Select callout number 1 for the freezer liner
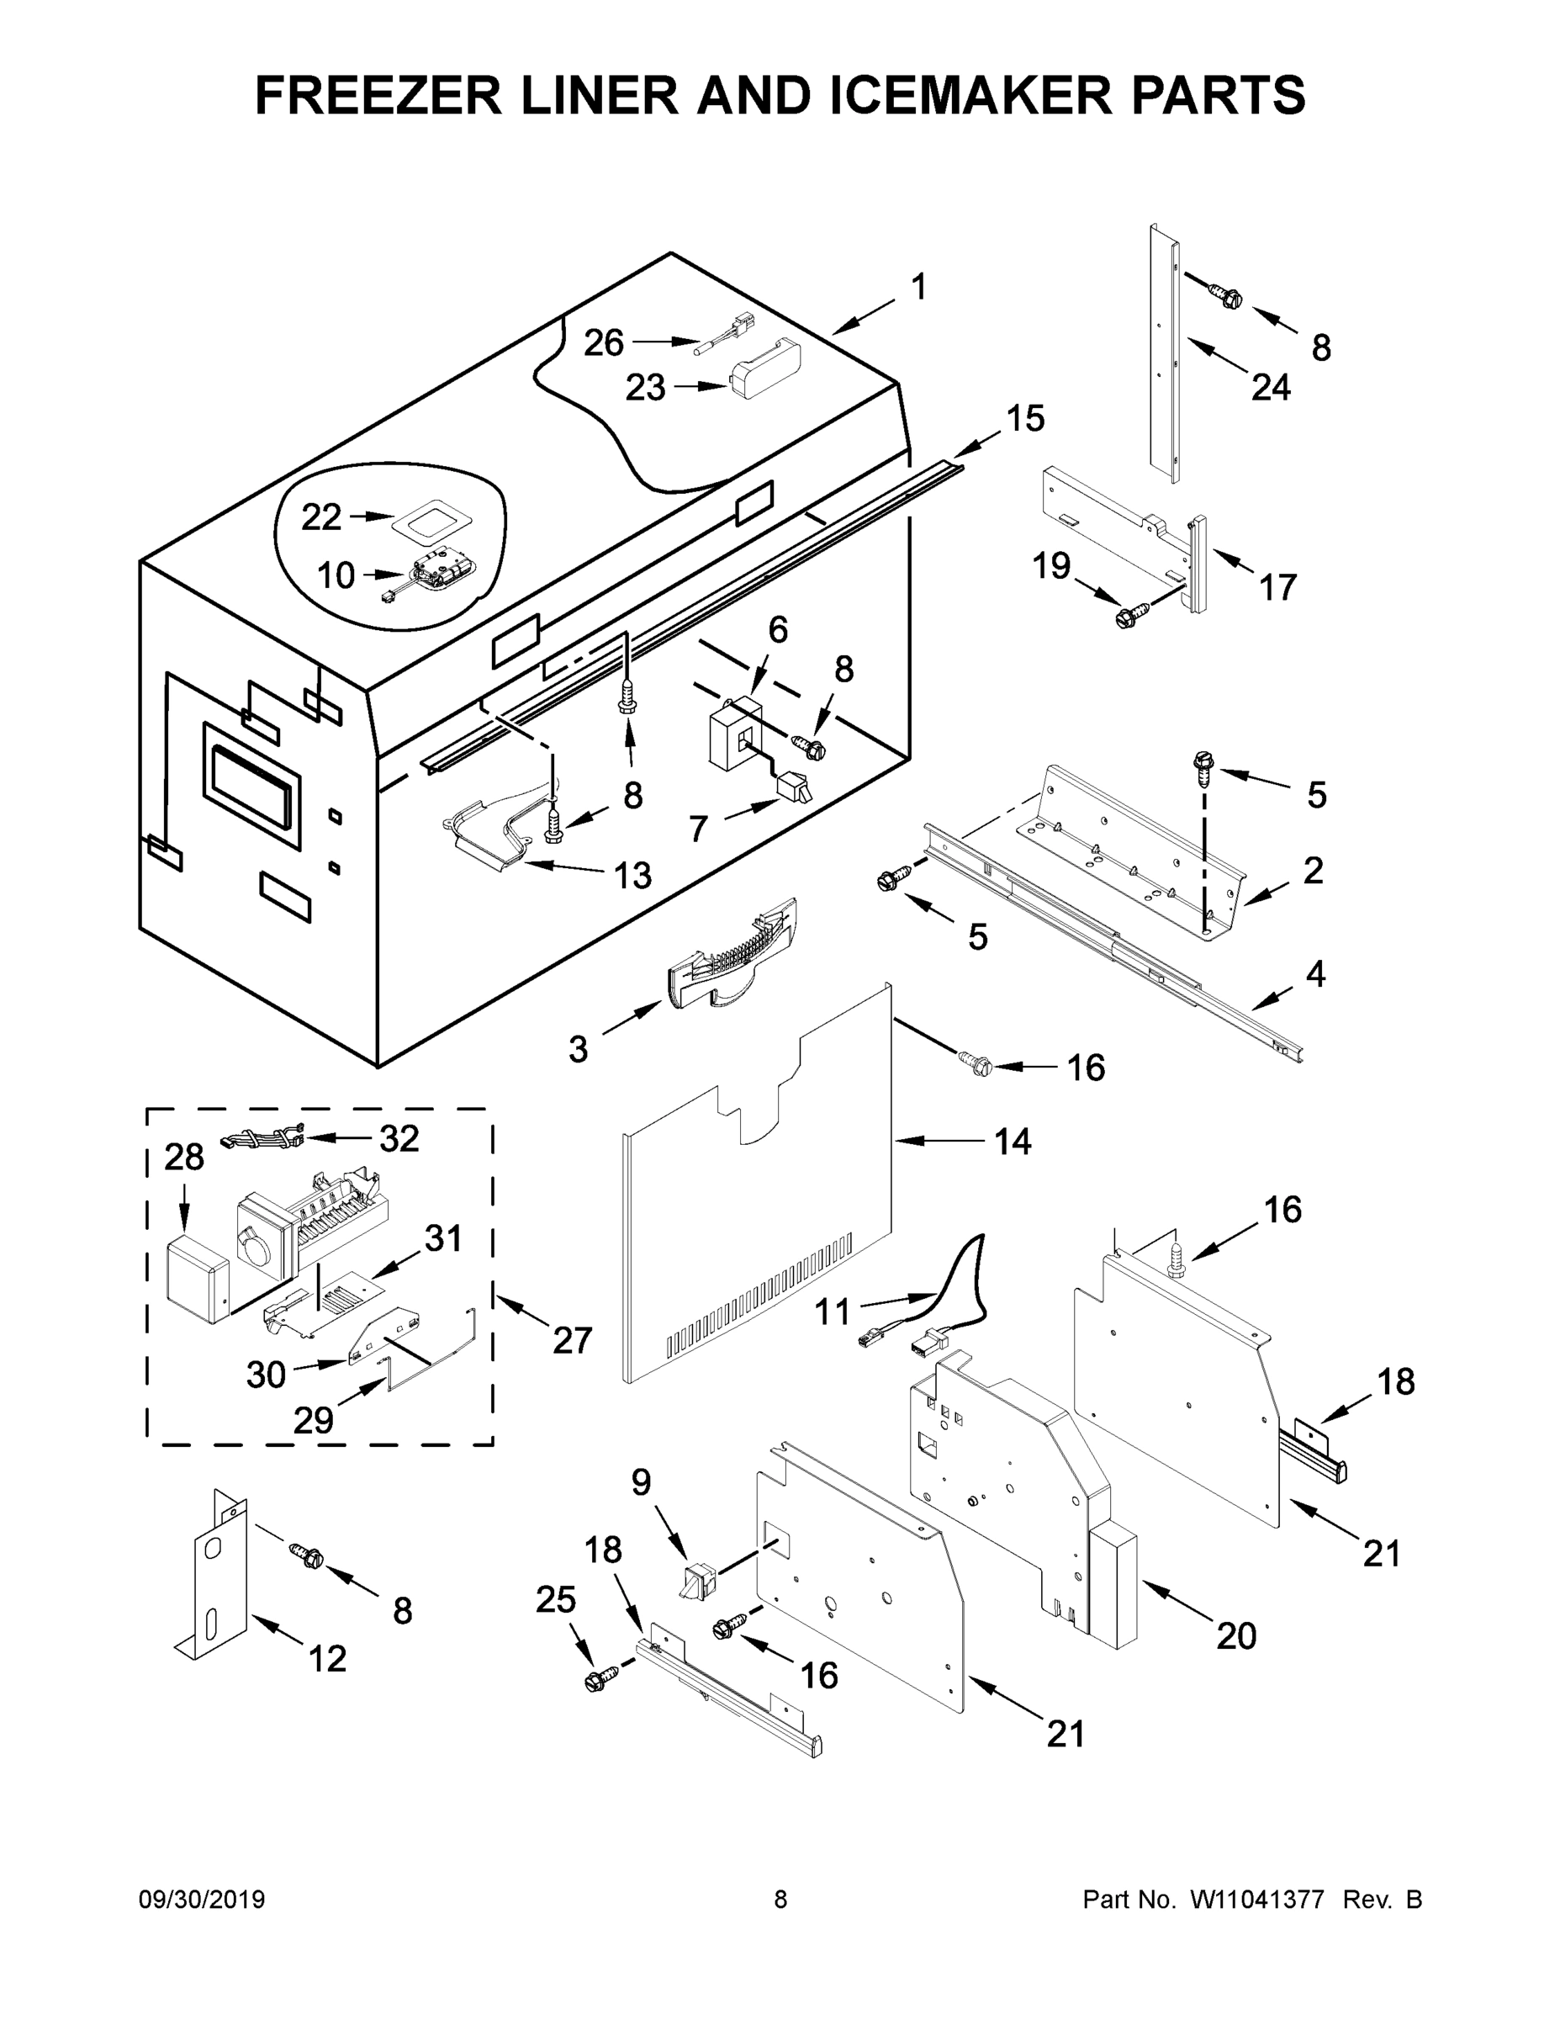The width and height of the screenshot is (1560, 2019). [917, 287]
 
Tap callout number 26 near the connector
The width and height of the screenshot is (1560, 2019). [604, 343]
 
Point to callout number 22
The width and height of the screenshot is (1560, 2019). [320, 517]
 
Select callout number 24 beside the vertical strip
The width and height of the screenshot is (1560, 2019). [1271, 387]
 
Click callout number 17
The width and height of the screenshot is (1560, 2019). [1278, 587]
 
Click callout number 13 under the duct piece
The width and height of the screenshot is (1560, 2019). [633, 875]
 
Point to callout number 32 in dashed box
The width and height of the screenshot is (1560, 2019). [399, 1139]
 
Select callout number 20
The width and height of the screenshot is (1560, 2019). [1236, 1635]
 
